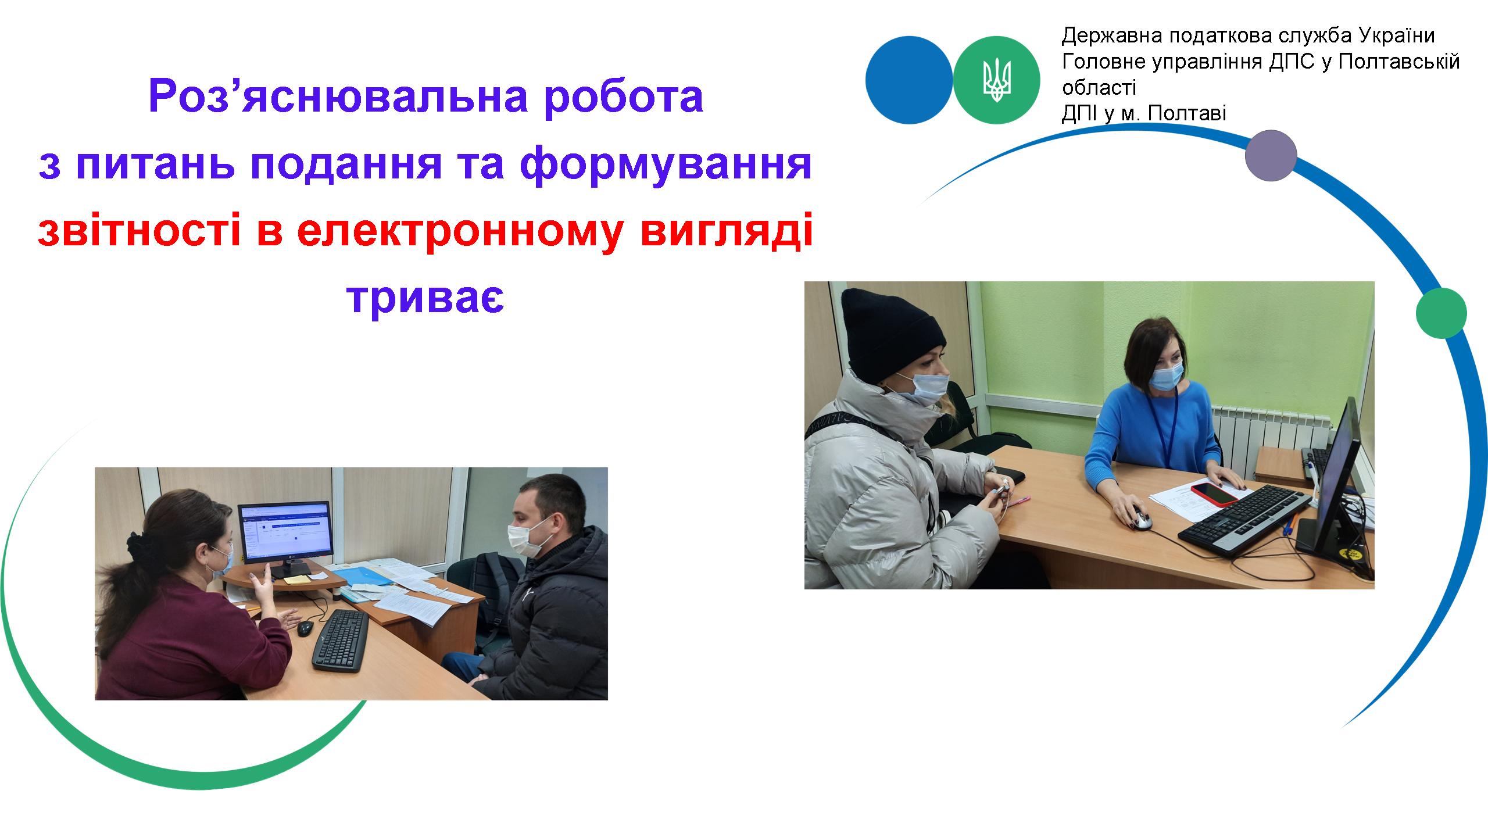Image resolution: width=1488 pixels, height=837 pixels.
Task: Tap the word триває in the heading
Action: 425,298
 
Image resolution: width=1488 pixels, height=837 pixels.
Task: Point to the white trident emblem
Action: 997,80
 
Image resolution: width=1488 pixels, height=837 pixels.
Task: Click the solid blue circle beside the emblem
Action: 910,80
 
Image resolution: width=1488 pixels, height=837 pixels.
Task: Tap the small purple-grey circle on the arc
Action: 1271,155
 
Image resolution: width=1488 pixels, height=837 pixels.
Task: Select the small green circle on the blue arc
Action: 1441,313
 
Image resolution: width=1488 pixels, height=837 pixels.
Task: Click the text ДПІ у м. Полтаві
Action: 1144,113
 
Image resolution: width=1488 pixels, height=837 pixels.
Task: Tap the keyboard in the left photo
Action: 341,640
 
